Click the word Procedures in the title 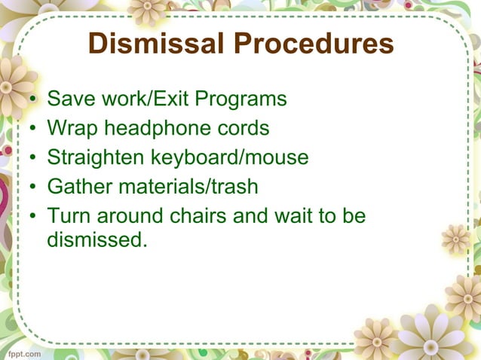pyautogui.click(x=311, y=44)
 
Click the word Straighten pyautogui.click(x=96, y=158)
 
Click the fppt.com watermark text pyautogui.click(x=23, y=352)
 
